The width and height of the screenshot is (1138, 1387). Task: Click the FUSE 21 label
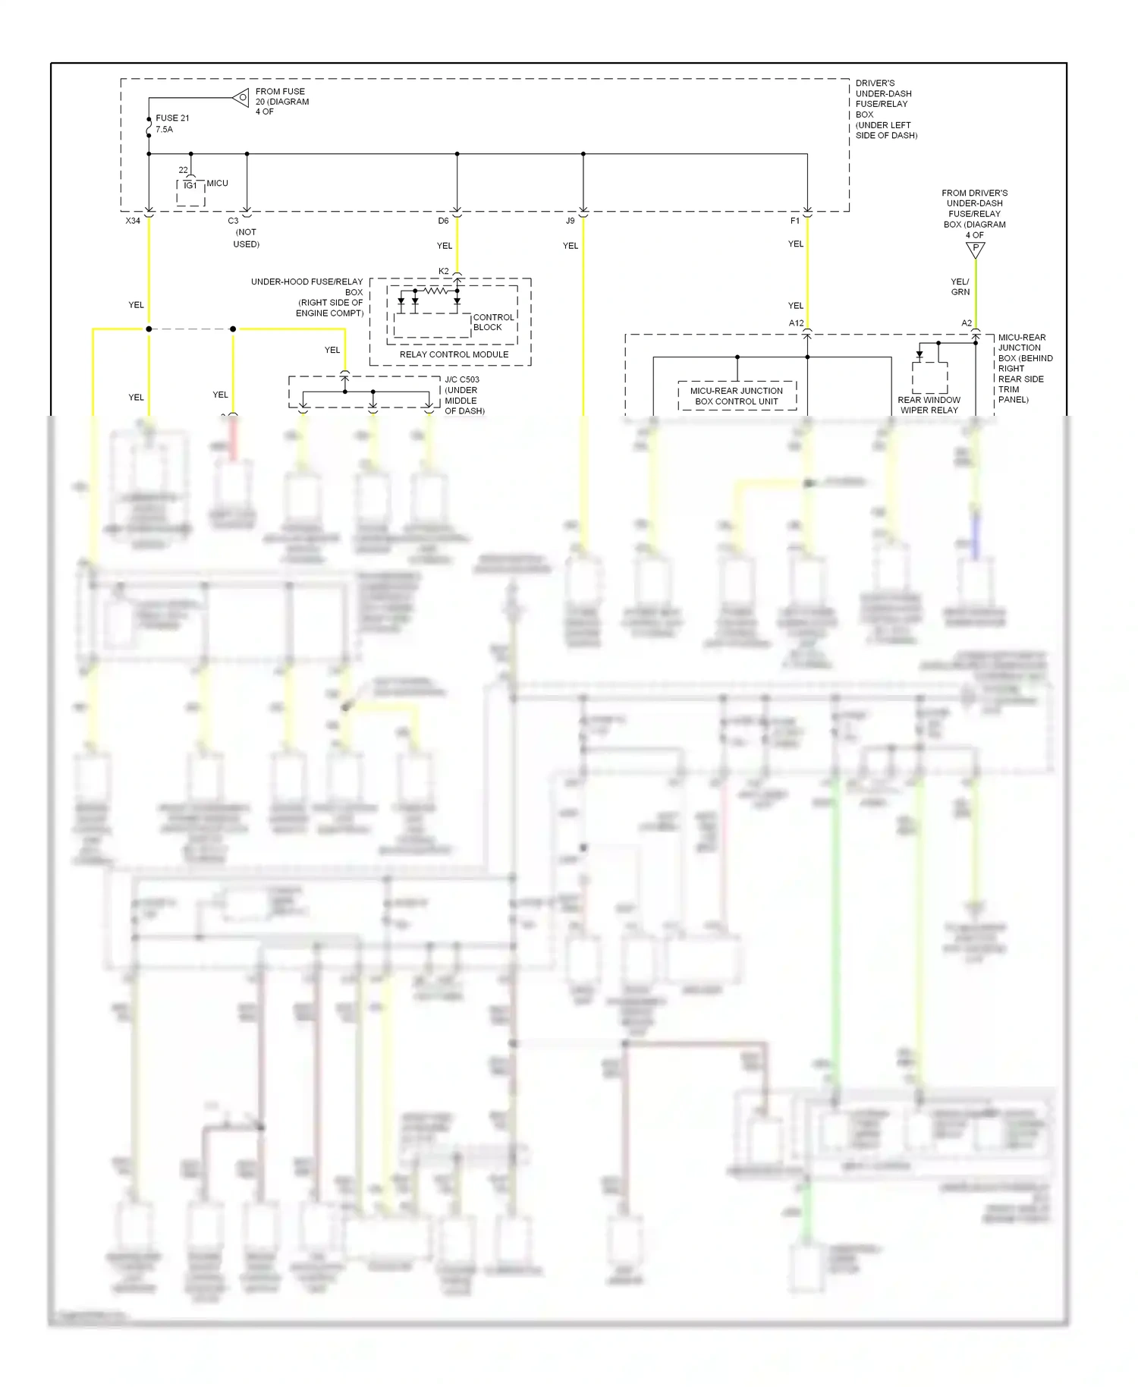(172, 118)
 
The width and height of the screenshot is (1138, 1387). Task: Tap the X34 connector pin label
(133, 221)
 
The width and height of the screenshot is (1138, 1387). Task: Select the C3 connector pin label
(233, 221)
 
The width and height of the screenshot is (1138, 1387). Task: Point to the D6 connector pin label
(443, 221)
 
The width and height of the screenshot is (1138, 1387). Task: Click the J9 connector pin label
(571, 221)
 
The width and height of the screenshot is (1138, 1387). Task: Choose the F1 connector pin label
(795, 221)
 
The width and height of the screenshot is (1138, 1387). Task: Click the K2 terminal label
(444, 271)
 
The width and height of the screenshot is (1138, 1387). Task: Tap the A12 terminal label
(796, 323)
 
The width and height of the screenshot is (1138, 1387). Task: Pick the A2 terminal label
(967, 323)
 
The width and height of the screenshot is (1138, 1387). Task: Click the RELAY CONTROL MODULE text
(454, 354)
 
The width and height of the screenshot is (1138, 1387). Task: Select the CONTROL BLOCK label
(492, 322)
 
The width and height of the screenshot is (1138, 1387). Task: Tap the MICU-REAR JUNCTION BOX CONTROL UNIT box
(737, 396)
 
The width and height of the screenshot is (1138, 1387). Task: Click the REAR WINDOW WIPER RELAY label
(929, 405)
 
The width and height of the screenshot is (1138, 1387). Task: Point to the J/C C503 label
(462, 379)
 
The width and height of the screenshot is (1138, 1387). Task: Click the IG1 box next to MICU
(190, 186)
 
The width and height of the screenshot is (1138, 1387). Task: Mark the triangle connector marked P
(976, 249)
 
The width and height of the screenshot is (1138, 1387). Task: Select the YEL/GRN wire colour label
(960, 287)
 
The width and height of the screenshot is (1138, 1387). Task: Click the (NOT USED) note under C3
(246, 238)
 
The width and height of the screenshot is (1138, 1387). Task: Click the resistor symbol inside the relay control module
(435, 291)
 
